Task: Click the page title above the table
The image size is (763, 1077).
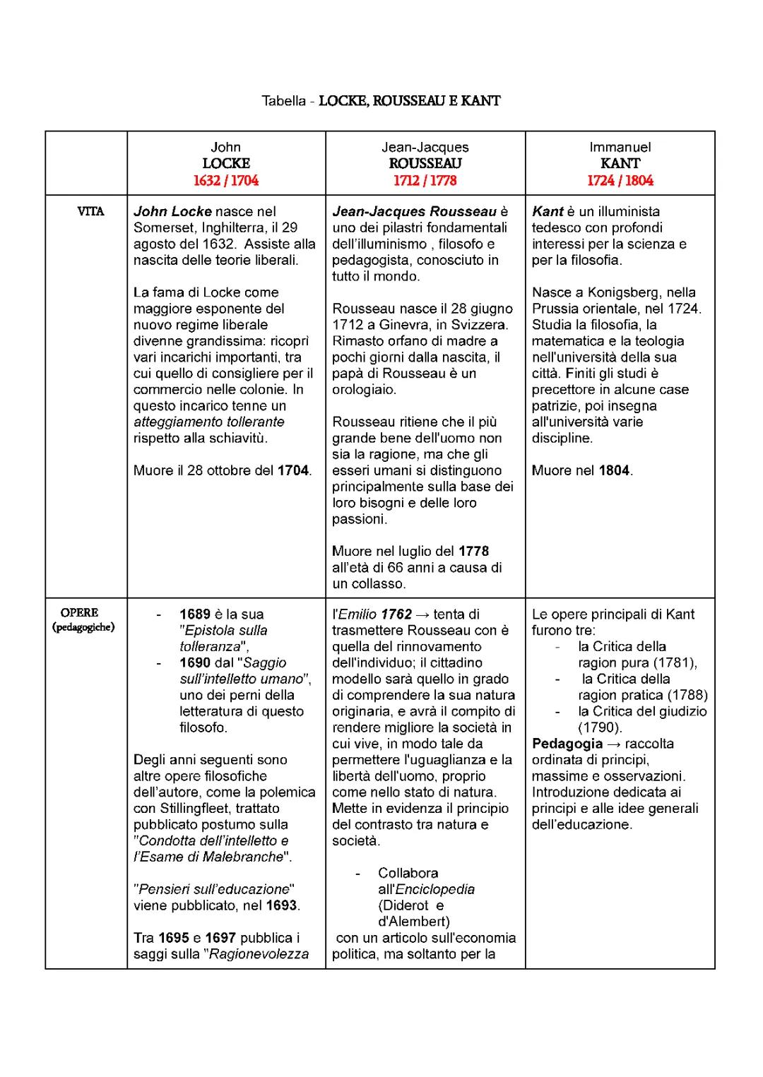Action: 381,100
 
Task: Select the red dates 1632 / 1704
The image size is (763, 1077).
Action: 226,180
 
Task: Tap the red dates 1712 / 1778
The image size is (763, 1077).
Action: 425,180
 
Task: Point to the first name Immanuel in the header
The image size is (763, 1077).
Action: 620,147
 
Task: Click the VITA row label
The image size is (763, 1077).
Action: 90,211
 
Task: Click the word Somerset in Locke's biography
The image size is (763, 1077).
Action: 163,227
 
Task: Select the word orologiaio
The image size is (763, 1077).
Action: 364,389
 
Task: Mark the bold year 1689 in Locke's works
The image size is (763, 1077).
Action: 195,614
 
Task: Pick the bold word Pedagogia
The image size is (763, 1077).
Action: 567,744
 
